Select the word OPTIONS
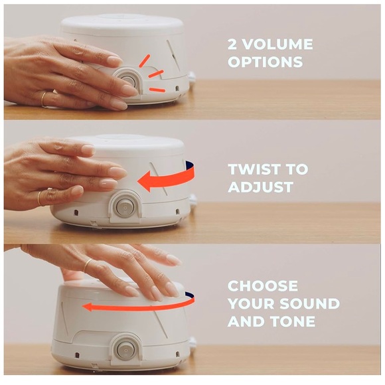click(265, 62)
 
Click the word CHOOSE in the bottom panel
click(263, 286)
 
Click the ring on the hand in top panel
click(44, 99)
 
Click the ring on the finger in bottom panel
click(86, 266)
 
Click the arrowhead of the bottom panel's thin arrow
click(86, 307)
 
